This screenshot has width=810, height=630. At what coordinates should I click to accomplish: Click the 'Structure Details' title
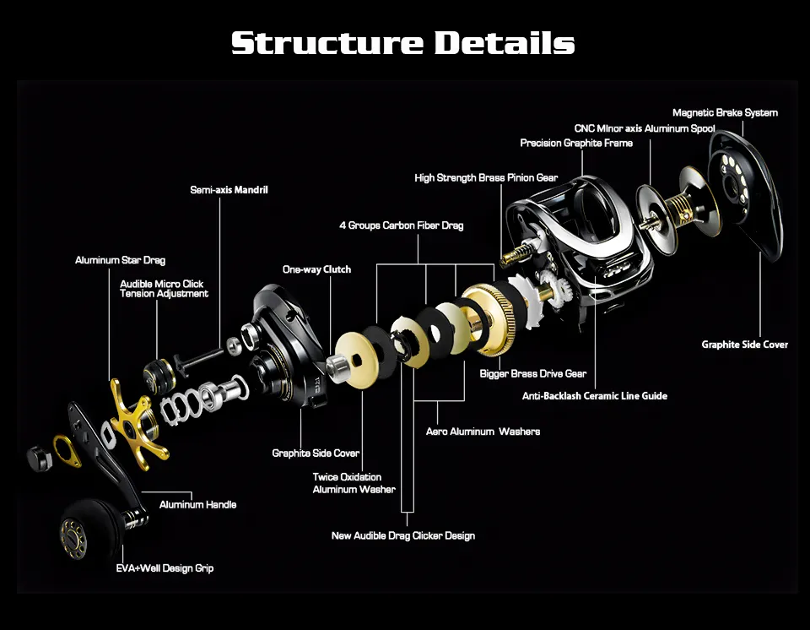click(403, 42)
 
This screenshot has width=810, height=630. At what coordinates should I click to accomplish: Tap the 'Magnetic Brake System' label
click(725, 112)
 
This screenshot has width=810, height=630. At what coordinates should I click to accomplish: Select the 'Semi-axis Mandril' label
click(229, 190)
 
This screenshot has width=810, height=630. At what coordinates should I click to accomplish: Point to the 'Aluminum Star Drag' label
click(120, 260)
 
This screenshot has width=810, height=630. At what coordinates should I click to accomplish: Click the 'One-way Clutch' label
click(316, 269)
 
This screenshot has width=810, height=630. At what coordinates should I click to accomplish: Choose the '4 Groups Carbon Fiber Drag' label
click(401, 225)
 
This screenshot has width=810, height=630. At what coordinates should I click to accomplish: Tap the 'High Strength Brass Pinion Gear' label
click(486, 177)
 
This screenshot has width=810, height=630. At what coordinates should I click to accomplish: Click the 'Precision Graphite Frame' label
click(576, 143)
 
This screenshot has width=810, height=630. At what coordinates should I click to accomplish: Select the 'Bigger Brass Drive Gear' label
click(532, 373)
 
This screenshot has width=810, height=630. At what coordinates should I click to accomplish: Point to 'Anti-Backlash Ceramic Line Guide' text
click(594, 395)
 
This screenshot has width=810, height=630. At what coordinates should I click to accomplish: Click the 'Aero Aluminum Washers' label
click(483, 431)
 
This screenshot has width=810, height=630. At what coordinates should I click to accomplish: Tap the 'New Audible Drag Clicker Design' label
click(402, 535)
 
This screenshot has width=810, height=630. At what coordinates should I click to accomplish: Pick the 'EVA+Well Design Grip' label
click(165, 568)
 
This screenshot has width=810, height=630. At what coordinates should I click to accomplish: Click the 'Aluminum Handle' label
click(197, 504)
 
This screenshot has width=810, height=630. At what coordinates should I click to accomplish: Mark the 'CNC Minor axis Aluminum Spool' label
click(645, 128)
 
